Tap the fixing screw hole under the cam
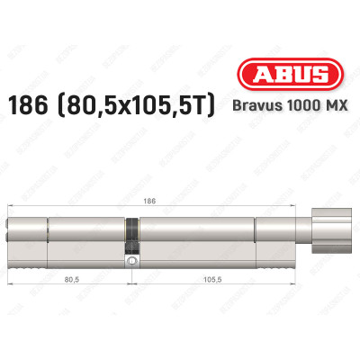pyautogui.click(x=132, y=261)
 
